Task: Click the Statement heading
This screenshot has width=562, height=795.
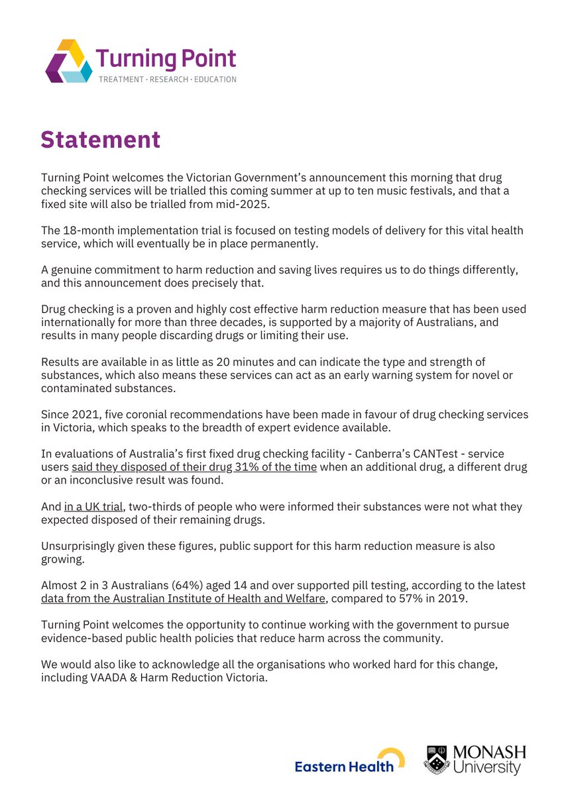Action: tap(100, 140)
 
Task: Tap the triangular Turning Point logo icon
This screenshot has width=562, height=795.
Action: tap(69, 61)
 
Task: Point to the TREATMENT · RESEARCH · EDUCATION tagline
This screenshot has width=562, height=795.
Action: tap(167, 79)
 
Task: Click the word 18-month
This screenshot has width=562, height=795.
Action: tap(87, 230)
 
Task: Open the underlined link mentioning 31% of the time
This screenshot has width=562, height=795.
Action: tap(194, 467)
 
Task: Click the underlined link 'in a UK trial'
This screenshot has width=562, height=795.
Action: tap(93, 506)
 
